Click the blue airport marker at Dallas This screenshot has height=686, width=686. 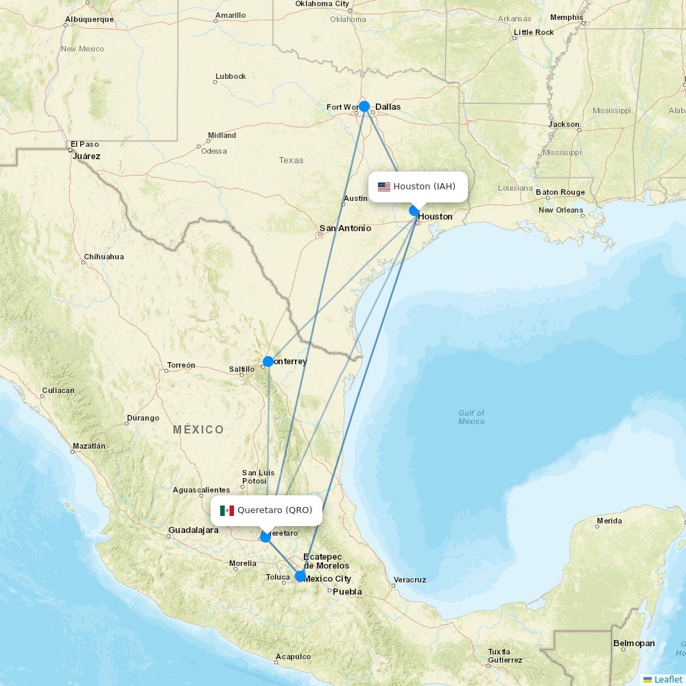point(364,106)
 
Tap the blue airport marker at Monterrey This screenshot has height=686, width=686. point(268,361)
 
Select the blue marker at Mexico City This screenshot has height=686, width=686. point(300,576)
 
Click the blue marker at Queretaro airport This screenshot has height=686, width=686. point(265,536)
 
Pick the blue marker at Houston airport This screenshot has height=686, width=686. point(414,211)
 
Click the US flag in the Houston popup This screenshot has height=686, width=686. point(384,187)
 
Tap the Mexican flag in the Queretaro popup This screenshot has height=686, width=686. point(227,510)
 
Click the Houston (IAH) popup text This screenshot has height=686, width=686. point(424,187)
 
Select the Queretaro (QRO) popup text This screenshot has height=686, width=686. point(274,510)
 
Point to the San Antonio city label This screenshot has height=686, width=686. point(345,228)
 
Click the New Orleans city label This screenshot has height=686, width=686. point(560,211)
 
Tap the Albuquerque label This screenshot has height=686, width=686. point(89,19)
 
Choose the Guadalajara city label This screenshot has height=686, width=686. point(193,530)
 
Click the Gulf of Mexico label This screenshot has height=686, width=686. point(471,417)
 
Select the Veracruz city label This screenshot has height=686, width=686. point(410,580)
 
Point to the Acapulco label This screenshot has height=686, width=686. point(293,657)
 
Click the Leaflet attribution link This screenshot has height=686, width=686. point(667,679)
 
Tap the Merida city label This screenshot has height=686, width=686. point(609,521)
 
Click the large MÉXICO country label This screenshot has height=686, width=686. point(198,430)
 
